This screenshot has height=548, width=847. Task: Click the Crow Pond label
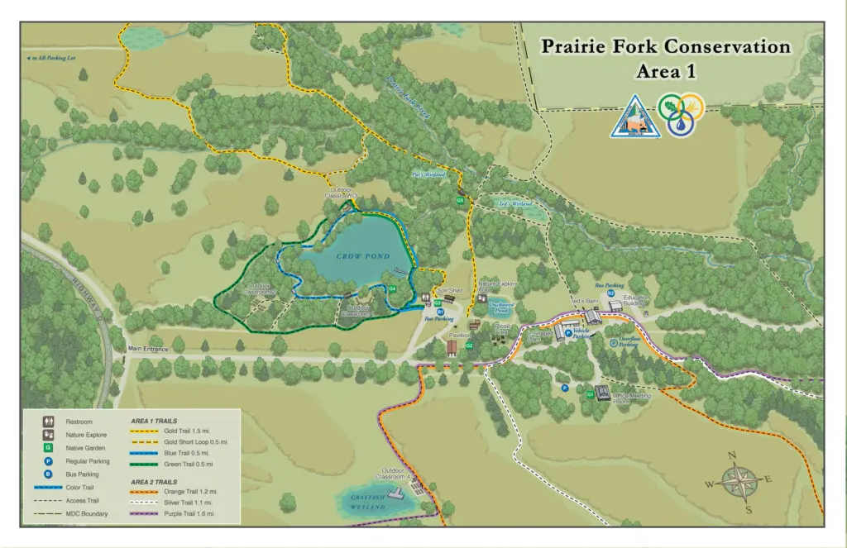[363, 257]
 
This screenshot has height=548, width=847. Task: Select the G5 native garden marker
[460, 201]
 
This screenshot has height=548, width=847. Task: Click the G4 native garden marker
[393, 288]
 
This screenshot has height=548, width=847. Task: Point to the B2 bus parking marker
[610, 293]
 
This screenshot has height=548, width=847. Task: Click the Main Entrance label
[148, 349]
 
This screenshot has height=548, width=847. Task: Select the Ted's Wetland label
[514, 203]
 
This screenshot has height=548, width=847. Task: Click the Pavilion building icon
[452, 348]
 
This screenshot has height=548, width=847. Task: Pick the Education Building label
[637, 300]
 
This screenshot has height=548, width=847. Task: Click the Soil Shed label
[449, 291]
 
